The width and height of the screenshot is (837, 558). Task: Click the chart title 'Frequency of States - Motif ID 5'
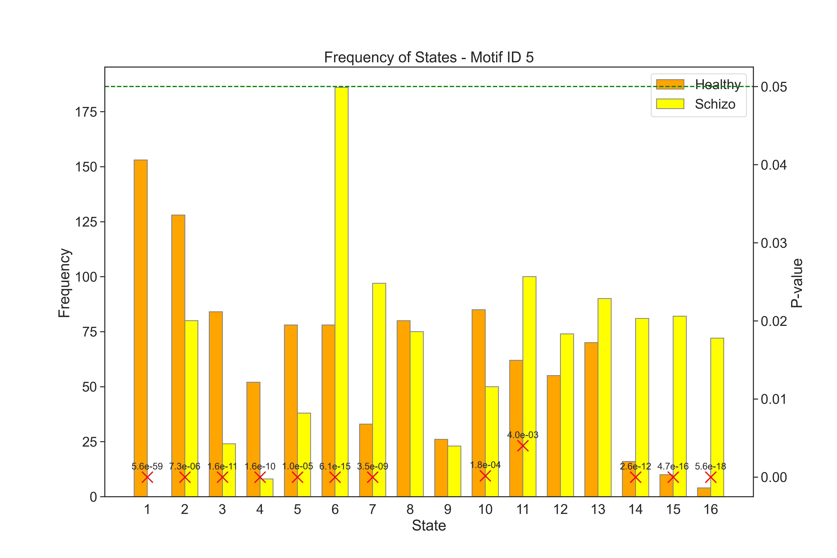429,57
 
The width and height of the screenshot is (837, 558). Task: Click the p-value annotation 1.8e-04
485,465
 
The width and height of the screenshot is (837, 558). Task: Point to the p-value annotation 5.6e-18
710,466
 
